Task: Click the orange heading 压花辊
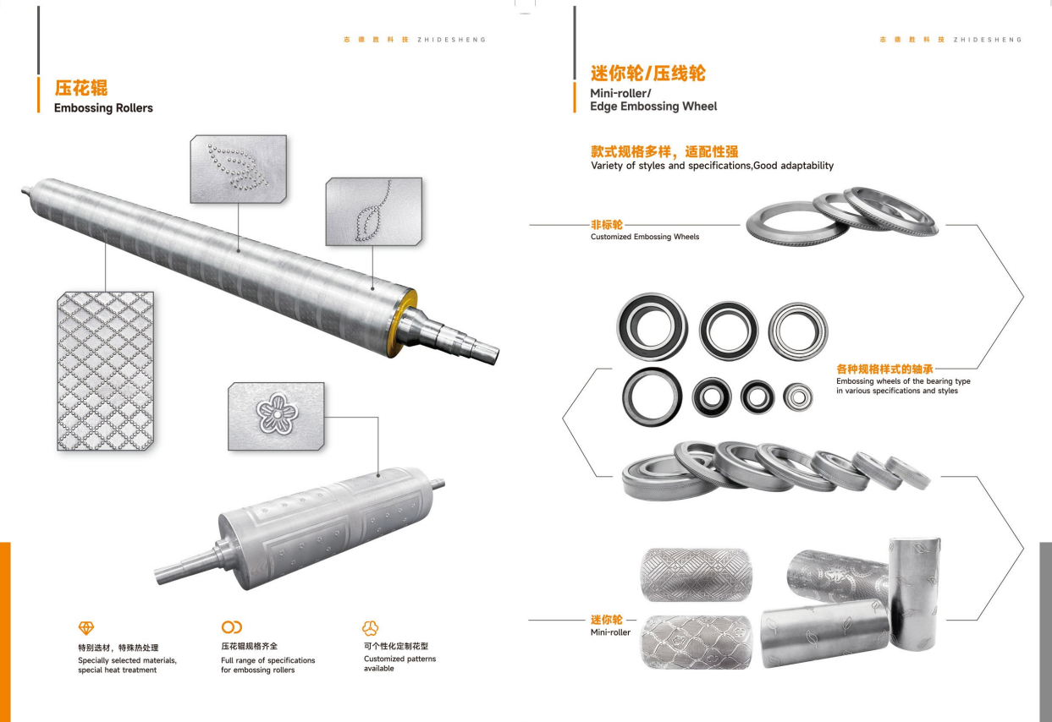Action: (81, 88)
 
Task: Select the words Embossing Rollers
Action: (103, 108)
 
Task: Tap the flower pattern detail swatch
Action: (276, 416)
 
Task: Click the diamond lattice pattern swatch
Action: (106, 371)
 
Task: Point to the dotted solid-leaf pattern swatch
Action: (239, 169)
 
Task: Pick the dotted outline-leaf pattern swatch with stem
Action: (374, 211)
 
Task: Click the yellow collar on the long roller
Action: (403, 323)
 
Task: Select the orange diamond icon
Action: (86, 627)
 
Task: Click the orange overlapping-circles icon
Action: (232, 626)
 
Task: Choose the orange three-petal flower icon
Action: (370, 627)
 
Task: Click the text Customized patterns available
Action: (399, 664)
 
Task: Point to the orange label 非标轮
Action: (607, 225)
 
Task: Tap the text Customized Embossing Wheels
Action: (645, 237)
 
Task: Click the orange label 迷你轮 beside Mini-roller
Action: (607, 620)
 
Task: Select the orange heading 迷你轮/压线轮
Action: (648, 74)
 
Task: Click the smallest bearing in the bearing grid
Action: (798, 397)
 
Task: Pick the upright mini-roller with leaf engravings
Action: (915, 594)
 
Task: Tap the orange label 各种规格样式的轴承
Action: (884, 369)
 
